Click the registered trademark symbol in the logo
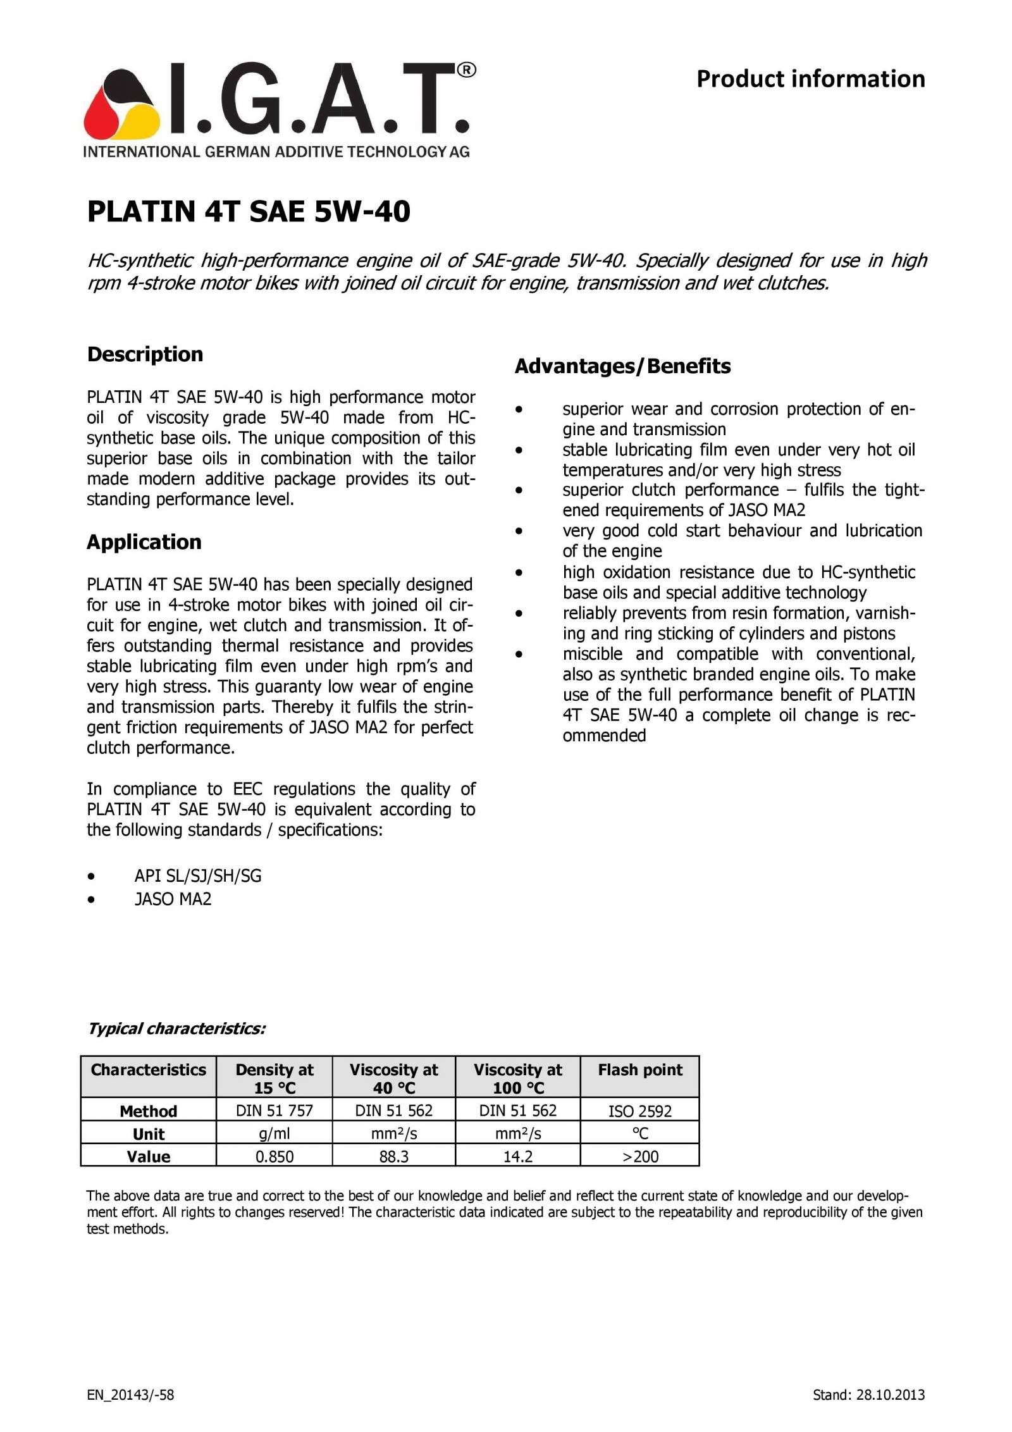tap(466, 70)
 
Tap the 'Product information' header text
tap(810, 79)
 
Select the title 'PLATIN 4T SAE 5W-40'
tap(249, 211)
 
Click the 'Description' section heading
tap(145, 354)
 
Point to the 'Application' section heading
tap(144, 542)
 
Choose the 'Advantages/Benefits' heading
tap(622, 366)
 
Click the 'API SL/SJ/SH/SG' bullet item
tap(197, 876)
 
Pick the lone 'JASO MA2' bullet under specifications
tap(173, 899)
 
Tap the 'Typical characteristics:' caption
tap(176, 1028)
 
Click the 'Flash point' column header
tap(639, 1070)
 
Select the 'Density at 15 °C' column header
tap(274, 1078)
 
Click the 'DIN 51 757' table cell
tap(274, 1110)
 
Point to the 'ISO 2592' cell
tap(639, 1111)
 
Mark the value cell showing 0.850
tap(274, 1156)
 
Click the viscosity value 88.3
tap(393, 1156)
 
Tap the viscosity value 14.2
tap(517, 1156)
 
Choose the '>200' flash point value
tap(639, 1156)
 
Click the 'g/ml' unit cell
tap(274, 1133)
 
